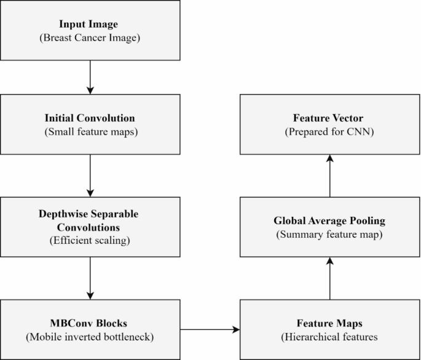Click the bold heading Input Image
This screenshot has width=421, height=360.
[x=90, y=24]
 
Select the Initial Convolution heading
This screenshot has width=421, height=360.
[x=90, y=118]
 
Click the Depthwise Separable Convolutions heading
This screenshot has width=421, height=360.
[x=90, y=220]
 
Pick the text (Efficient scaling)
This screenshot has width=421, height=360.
[x=90, y=241]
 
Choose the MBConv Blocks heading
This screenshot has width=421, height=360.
[x=90, y=323]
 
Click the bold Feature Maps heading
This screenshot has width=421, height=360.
[x=329, y=323]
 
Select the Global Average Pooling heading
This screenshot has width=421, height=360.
[x=329, y=221]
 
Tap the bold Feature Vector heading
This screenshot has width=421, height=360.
[x=329, y=118]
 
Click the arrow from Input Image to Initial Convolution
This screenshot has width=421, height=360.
[x=90, y=77]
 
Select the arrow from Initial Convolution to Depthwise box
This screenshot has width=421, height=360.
[x=90, y=175]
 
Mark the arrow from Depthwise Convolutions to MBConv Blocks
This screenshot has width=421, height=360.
[x=90, y=278]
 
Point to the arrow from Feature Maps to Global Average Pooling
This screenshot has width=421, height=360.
[x=330, y=278]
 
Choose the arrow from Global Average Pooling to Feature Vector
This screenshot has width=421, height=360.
[x=330, y=176]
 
